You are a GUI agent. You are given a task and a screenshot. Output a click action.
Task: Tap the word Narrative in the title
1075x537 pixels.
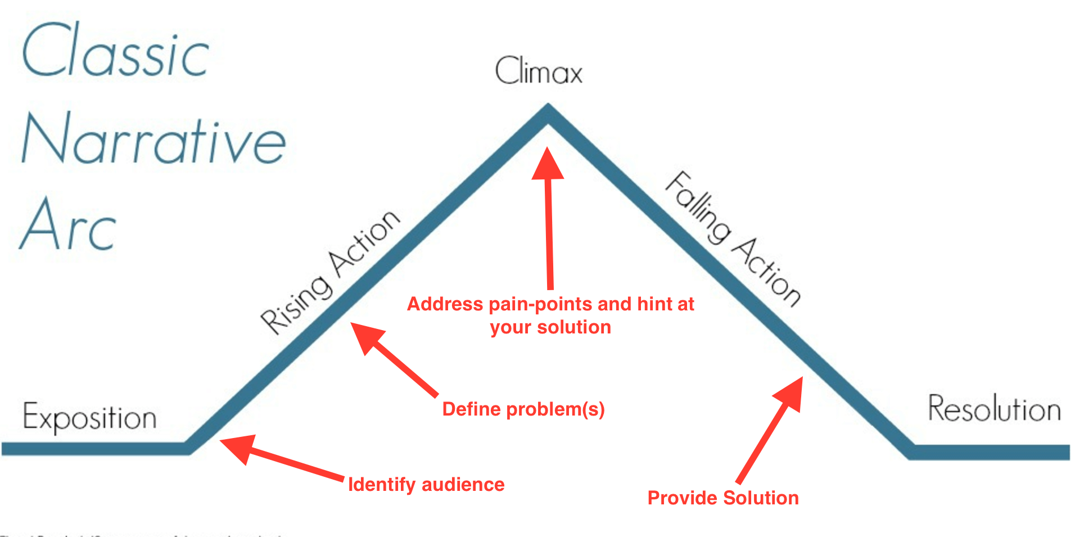[x=153, y=139]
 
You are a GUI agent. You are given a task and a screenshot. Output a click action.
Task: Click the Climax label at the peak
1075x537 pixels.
[x=538, y=72]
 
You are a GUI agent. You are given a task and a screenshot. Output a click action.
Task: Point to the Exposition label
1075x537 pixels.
[x=89, y=418]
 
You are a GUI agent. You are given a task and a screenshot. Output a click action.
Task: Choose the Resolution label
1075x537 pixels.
[x=993, y=409]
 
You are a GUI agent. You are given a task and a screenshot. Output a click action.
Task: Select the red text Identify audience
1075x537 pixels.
[x=426, y=485]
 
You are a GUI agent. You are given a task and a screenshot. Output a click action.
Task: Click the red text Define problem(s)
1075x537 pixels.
[x=523, y=409]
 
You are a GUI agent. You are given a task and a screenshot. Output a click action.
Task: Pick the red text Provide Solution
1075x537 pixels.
[x=722, y=498]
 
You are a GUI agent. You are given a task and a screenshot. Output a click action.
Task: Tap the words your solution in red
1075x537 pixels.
[x=550, y=327]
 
